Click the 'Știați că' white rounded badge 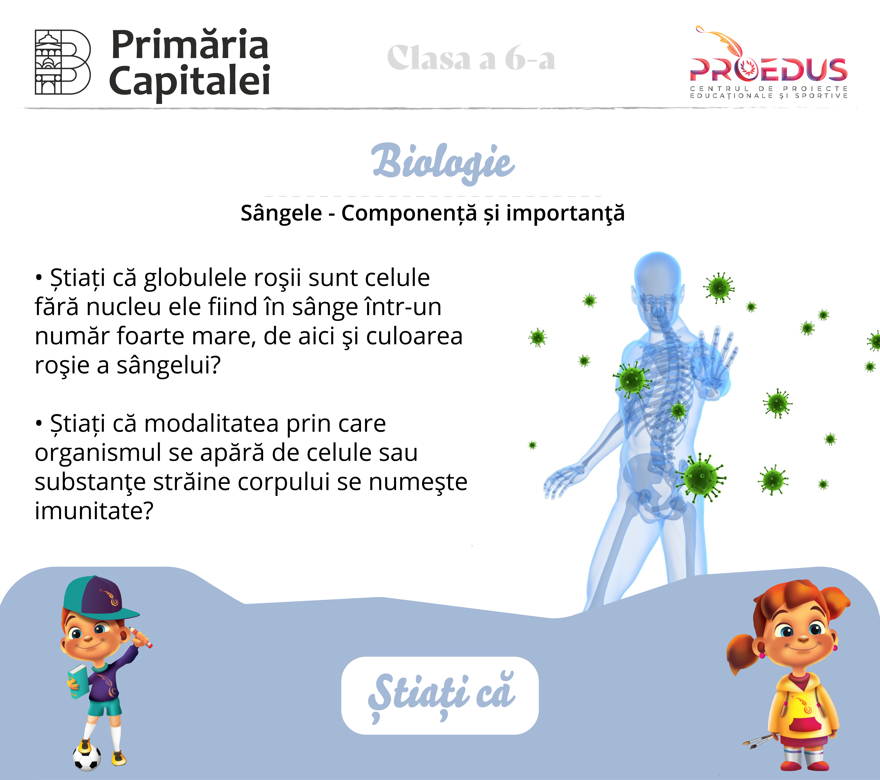coord(440,696)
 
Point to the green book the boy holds coord(77,681)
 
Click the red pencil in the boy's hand coord(141,637)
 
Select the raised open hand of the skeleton coord(715,362)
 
